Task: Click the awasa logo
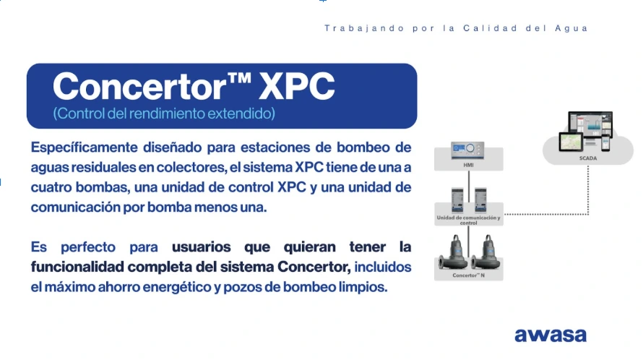(x=550, y=335)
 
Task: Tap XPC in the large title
(x=296, y=87)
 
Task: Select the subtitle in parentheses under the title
(x=164, y=114)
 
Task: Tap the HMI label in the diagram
(x=468, y=165)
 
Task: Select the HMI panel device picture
(x=468, y=151)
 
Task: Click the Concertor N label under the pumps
(x=468, y=275)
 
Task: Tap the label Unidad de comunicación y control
(x=468, y=220)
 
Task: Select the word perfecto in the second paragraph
(x=93, y=247)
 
